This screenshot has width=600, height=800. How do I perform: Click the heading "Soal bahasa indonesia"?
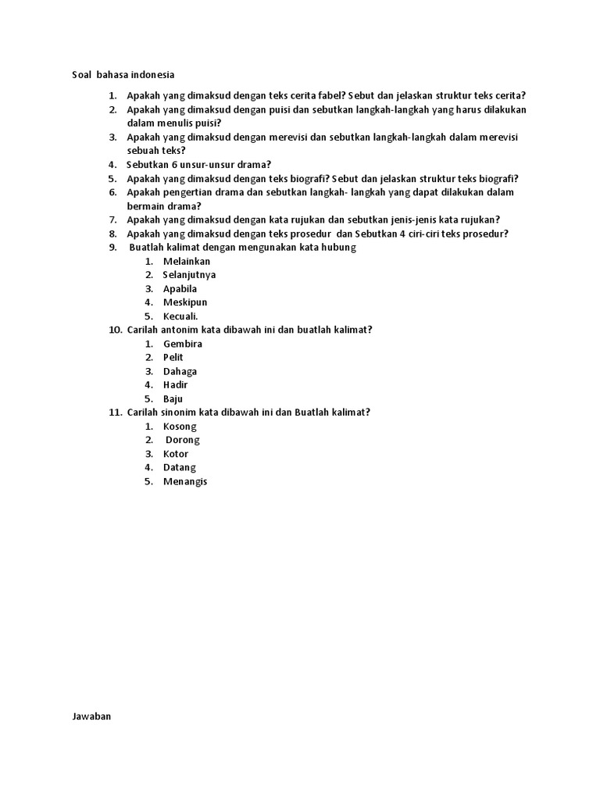[x=119, y=75]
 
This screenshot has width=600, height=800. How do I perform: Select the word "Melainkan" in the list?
[x=187, y=261]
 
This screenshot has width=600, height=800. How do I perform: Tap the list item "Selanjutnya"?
[x=189, y=275]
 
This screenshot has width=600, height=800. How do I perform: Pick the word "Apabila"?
[x=180, y=288]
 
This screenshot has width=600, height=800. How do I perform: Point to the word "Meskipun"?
[x=185, y=302]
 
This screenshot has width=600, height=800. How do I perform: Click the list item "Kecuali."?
[x=180, y=316]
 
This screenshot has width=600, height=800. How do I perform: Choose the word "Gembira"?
[x=183, y=344]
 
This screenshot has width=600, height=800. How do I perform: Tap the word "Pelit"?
[x=173, y=357]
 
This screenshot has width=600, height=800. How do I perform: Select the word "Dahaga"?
[x=180, y=371]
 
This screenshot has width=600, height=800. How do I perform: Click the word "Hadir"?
[x=175, y=384]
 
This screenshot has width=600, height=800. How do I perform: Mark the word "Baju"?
[x=173, y=398]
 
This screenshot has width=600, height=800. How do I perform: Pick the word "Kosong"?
[x=180, y=427]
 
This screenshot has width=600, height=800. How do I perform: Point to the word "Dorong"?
[x=183, y=440]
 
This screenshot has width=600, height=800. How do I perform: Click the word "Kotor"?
[x=176, y=454]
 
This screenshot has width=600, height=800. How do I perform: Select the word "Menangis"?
[x=185, y=481]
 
